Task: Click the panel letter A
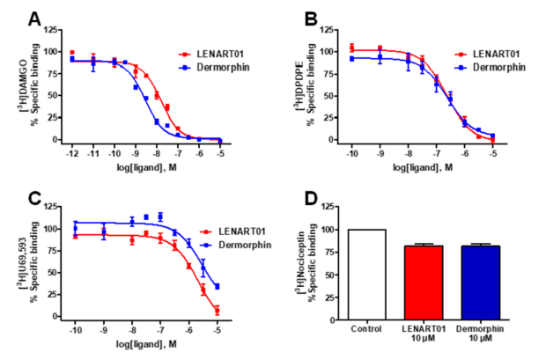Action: coord(36,19)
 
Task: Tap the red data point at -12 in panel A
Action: coord(72,53)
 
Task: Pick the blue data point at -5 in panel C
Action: coord(217,286)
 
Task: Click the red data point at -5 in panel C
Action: coord(217,310)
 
